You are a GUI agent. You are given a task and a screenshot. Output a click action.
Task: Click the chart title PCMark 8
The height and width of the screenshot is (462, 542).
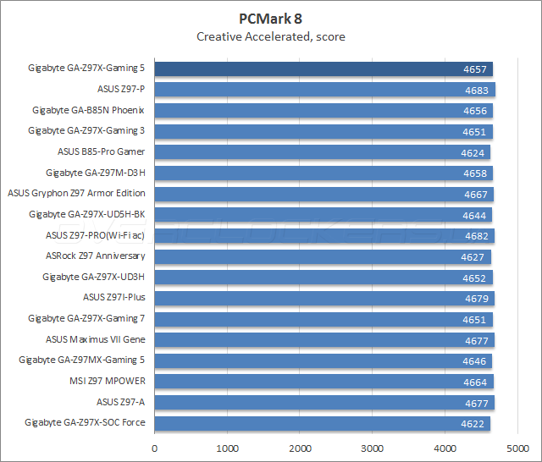tap(270, 18)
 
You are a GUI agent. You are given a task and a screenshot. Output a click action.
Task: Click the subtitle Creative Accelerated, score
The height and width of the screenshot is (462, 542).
tap(270, 36)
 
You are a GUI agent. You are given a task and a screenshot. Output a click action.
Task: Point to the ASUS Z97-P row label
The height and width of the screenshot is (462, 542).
tap(121, 89)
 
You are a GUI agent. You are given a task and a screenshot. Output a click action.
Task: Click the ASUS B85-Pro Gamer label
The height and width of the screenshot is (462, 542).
tap(101, 151)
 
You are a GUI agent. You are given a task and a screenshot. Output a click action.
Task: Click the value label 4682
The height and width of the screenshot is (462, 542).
tap(476, 235)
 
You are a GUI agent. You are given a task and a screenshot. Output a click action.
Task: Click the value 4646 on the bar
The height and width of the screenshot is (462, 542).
tap(474, 360)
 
